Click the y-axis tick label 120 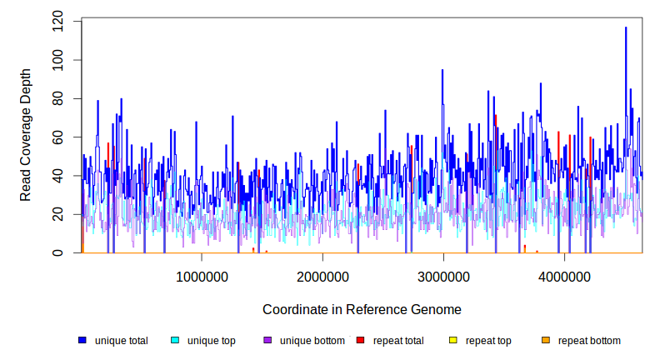pyautogui.click(x=57, y=22)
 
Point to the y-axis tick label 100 pyautogui.click(x=57, y=60)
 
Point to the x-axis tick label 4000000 pyautogui.click(x=564, y=277)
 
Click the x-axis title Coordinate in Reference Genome pyautogui.click(x=362, y=309)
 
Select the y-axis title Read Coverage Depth pyautogui.click(x=26, y=136)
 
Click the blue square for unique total pyautogui.click(x=82, y=340)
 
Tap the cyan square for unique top pyautogui.click(x=175, y=340)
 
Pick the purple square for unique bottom pyautogui.click(x=267, y=340)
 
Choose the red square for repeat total pyautogui.click(x=360, y=340)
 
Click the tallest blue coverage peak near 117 pyautogui.click(x=626, y=28)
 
